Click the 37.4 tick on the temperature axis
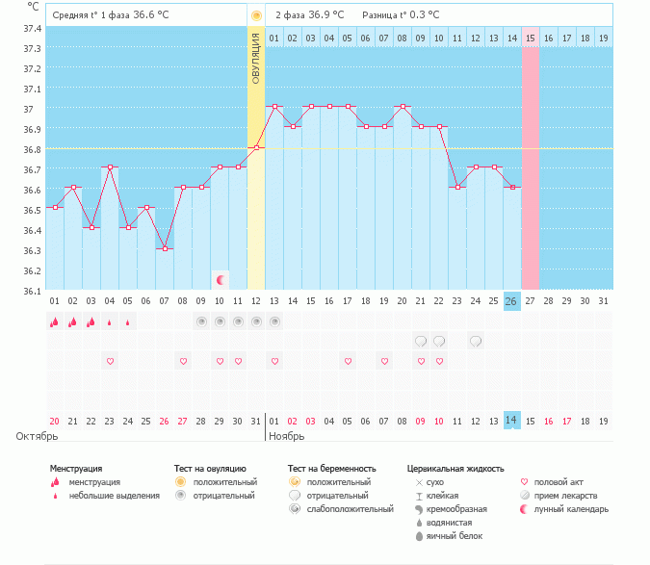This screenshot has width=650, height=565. pos(32,28)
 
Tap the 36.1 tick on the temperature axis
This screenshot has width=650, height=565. pos(32,291)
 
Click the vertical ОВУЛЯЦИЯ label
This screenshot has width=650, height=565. pos(256,59)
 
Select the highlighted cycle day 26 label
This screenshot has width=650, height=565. pos(511,301)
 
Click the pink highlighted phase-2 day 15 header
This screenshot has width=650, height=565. pos(530,39)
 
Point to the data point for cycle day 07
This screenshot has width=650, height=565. pos(165,248)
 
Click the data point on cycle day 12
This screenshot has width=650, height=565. pos(256,147)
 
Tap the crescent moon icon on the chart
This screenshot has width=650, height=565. pos(221,279)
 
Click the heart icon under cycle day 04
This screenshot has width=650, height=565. pos(110,361)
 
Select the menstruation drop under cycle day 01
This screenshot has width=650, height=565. pos(54,322)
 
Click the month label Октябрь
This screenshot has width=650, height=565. pos(38,436)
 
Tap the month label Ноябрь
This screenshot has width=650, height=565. pos(288,436)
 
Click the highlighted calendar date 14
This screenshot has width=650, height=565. pos(511,420)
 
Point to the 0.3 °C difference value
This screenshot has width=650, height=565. pos(420,14)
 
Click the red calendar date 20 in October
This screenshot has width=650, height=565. pos(54,421)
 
